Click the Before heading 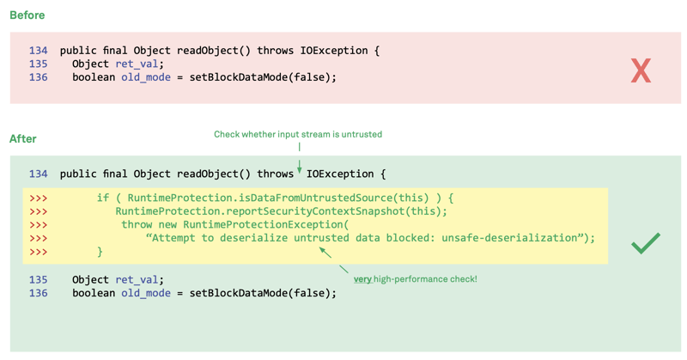pyautogui.click(x=27, y=15)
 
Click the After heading pyautogui.click(x=23, y=138)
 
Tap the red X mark pyautogui.click(x=641, y=70)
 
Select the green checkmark pyautogui.click(x=645, y=243)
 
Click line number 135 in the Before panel pyautogui.click(x=38, y=64)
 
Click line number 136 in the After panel pyautogui.click(x=38, y=293)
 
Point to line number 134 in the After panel pyautogui.click(x=38, y=174)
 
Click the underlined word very pyautogui.click(x=362, y=279)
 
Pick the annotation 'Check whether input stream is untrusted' pyautogui.click(x=298, y=134)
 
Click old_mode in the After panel pyautogui.click(x=146, y=293)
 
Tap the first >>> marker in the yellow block pyautogui.click(x=38, y=198)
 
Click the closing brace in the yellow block pyautogui.click(x=100, y=252)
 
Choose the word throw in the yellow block pyautogui.click(x=137, y=225)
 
